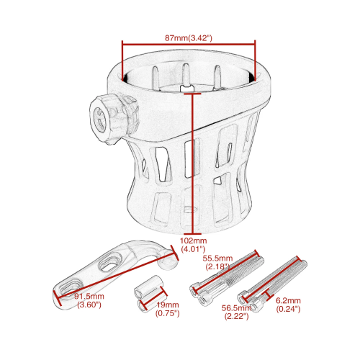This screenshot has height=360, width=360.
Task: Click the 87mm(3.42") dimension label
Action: click(x=189, y=38)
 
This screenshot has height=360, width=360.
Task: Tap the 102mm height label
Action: click(x=193, y=240)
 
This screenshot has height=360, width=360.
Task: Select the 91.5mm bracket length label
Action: click(x=89, y=296)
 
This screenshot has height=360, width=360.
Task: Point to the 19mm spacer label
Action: click(x=168, y=305)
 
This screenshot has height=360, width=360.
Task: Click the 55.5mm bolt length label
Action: click(x=217, y=258)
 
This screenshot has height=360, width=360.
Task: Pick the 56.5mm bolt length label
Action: click(x=236, y=307)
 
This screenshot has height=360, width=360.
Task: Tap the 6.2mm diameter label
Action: click(x=288, y=300)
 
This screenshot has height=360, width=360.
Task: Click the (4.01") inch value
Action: click(x=193, y=249)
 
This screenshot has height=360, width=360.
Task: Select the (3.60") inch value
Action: click(x=89, y=305)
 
